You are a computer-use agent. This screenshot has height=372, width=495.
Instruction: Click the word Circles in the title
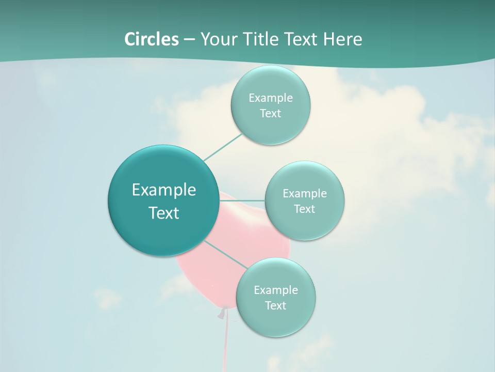pyautogui.click(x=151, y=39)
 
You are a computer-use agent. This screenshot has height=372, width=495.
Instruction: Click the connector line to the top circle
pyautogui.click(x=223, y=147)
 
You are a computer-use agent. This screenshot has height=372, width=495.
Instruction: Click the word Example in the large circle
pyautogui.click(x=164, y=190)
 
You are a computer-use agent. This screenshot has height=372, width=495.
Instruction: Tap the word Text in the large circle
pyautogui.click(x=164, y=213)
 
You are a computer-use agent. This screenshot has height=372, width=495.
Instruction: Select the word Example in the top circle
pyautogui.click(x=271, y=98)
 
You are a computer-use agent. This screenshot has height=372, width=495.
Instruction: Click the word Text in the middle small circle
pyautogui.click(x=304, y=209)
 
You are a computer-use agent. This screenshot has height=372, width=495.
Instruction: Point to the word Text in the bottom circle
pyautogui.click(x=275, y=306)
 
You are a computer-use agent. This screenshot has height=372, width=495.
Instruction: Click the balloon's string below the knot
pyautogui.click(x=226, y=341)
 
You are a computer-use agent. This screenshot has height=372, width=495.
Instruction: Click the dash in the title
pyautogui.click(x=189, y=39)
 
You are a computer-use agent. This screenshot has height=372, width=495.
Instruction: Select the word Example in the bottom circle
pyautogui.click(x=276, y=290)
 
